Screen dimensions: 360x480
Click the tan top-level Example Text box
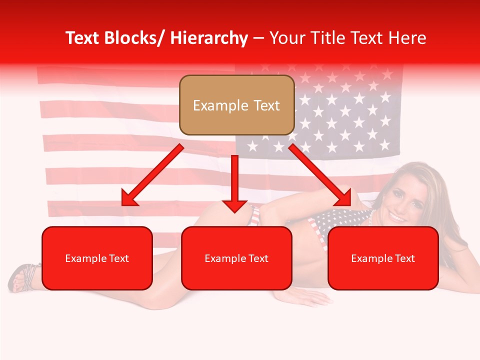click(x=236, y=105)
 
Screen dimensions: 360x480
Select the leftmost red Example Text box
click(x=97, y=258)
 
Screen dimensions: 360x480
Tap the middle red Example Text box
click(x=236, y=258)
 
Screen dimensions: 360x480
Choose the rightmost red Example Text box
click(x=383, y=258)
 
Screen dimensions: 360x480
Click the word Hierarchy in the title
click(x=208, y=38)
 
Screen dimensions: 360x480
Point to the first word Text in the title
click(x=84, y=38)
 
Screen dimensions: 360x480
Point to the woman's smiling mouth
click(x=398, y=218)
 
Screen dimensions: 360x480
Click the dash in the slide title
click(x=259, y=38)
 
